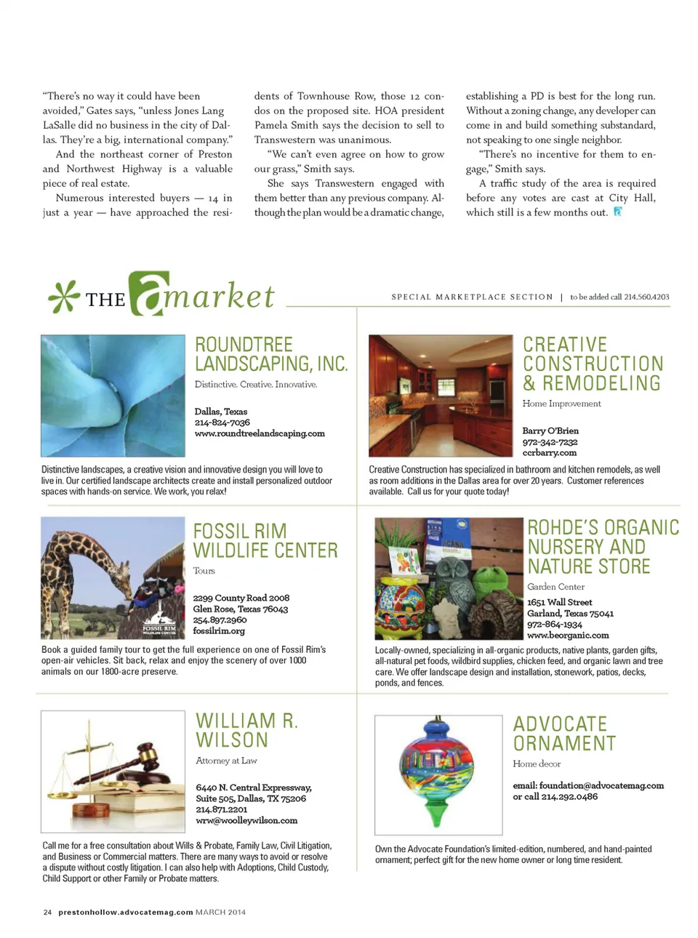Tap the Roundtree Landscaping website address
click(260, 433)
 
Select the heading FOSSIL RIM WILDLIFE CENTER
click(265, 541)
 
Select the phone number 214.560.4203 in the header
click(646, 297)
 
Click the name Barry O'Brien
click(550, 430)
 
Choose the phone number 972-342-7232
click(550, 441)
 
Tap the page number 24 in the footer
click(47, 912)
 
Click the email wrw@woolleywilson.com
click(246, 820)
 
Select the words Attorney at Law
click(226, 761)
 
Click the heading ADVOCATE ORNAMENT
click(564, 734)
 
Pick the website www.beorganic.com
click(568, 635)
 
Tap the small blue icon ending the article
click(617, 212)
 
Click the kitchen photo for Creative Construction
click(441, 396)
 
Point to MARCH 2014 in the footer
click(220, 912)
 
